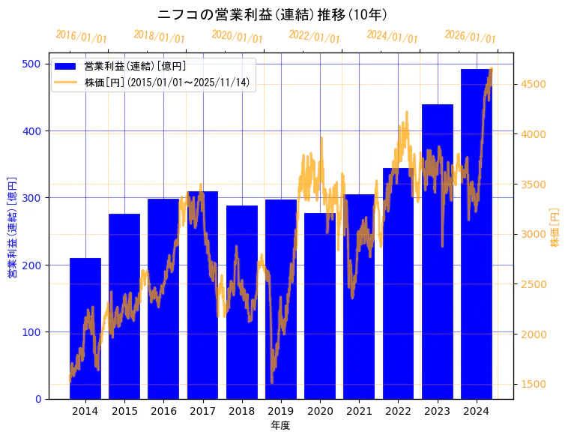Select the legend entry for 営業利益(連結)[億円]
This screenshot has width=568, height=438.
coord(135,67)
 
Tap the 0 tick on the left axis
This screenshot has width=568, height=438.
coord(37,399)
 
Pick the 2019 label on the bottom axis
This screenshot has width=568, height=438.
coord(280,411)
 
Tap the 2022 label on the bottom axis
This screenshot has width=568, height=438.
coord(398,411)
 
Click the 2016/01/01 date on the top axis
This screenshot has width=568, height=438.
coord(81,37)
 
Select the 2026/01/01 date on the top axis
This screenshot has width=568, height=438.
coord(470,37)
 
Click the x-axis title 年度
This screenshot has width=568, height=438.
coord(280,425)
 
